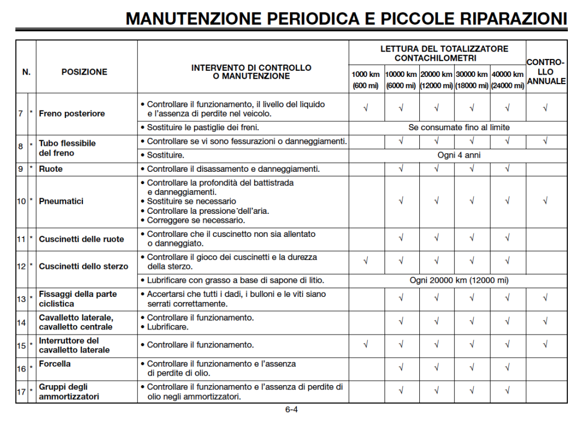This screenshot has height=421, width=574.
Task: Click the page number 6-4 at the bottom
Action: [291, 409]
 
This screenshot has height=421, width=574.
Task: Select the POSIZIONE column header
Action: [84, 72]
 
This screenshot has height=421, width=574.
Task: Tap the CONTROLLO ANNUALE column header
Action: [546, 72]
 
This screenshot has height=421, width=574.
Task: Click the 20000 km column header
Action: [437, 74]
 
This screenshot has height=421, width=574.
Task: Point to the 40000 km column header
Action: [507, 74]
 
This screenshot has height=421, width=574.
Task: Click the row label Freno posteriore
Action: [72, 113]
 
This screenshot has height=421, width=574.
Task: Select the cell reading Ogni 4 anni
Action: [459, 155]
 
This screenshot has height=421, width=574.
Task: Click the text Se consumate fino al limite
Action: [459, 127]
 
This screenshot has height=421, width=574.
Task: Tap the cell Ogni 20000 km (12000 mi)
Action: [459, 280]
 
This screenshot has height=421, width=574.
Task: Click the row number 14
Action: [21, 322]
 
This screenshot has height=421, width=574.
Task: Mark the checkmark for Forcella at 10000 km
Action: [401, 368]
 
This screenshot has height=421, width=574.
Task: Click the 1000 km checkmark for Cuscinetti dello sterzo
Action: [365, 261]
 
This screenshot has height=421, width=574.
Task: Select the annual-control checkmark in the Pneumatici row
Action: [545, 201]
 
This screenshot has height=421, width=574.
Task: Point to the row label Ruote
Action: [51, 168]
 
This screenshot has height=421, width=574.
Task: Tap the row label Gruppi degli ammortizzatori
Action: [69, 391]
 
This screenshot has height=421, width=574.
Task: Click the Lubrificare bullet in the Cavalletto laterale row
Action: [168, 327]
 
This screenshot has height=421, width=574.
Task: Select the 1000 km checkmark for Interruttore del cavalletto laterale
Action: [365, 345]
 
